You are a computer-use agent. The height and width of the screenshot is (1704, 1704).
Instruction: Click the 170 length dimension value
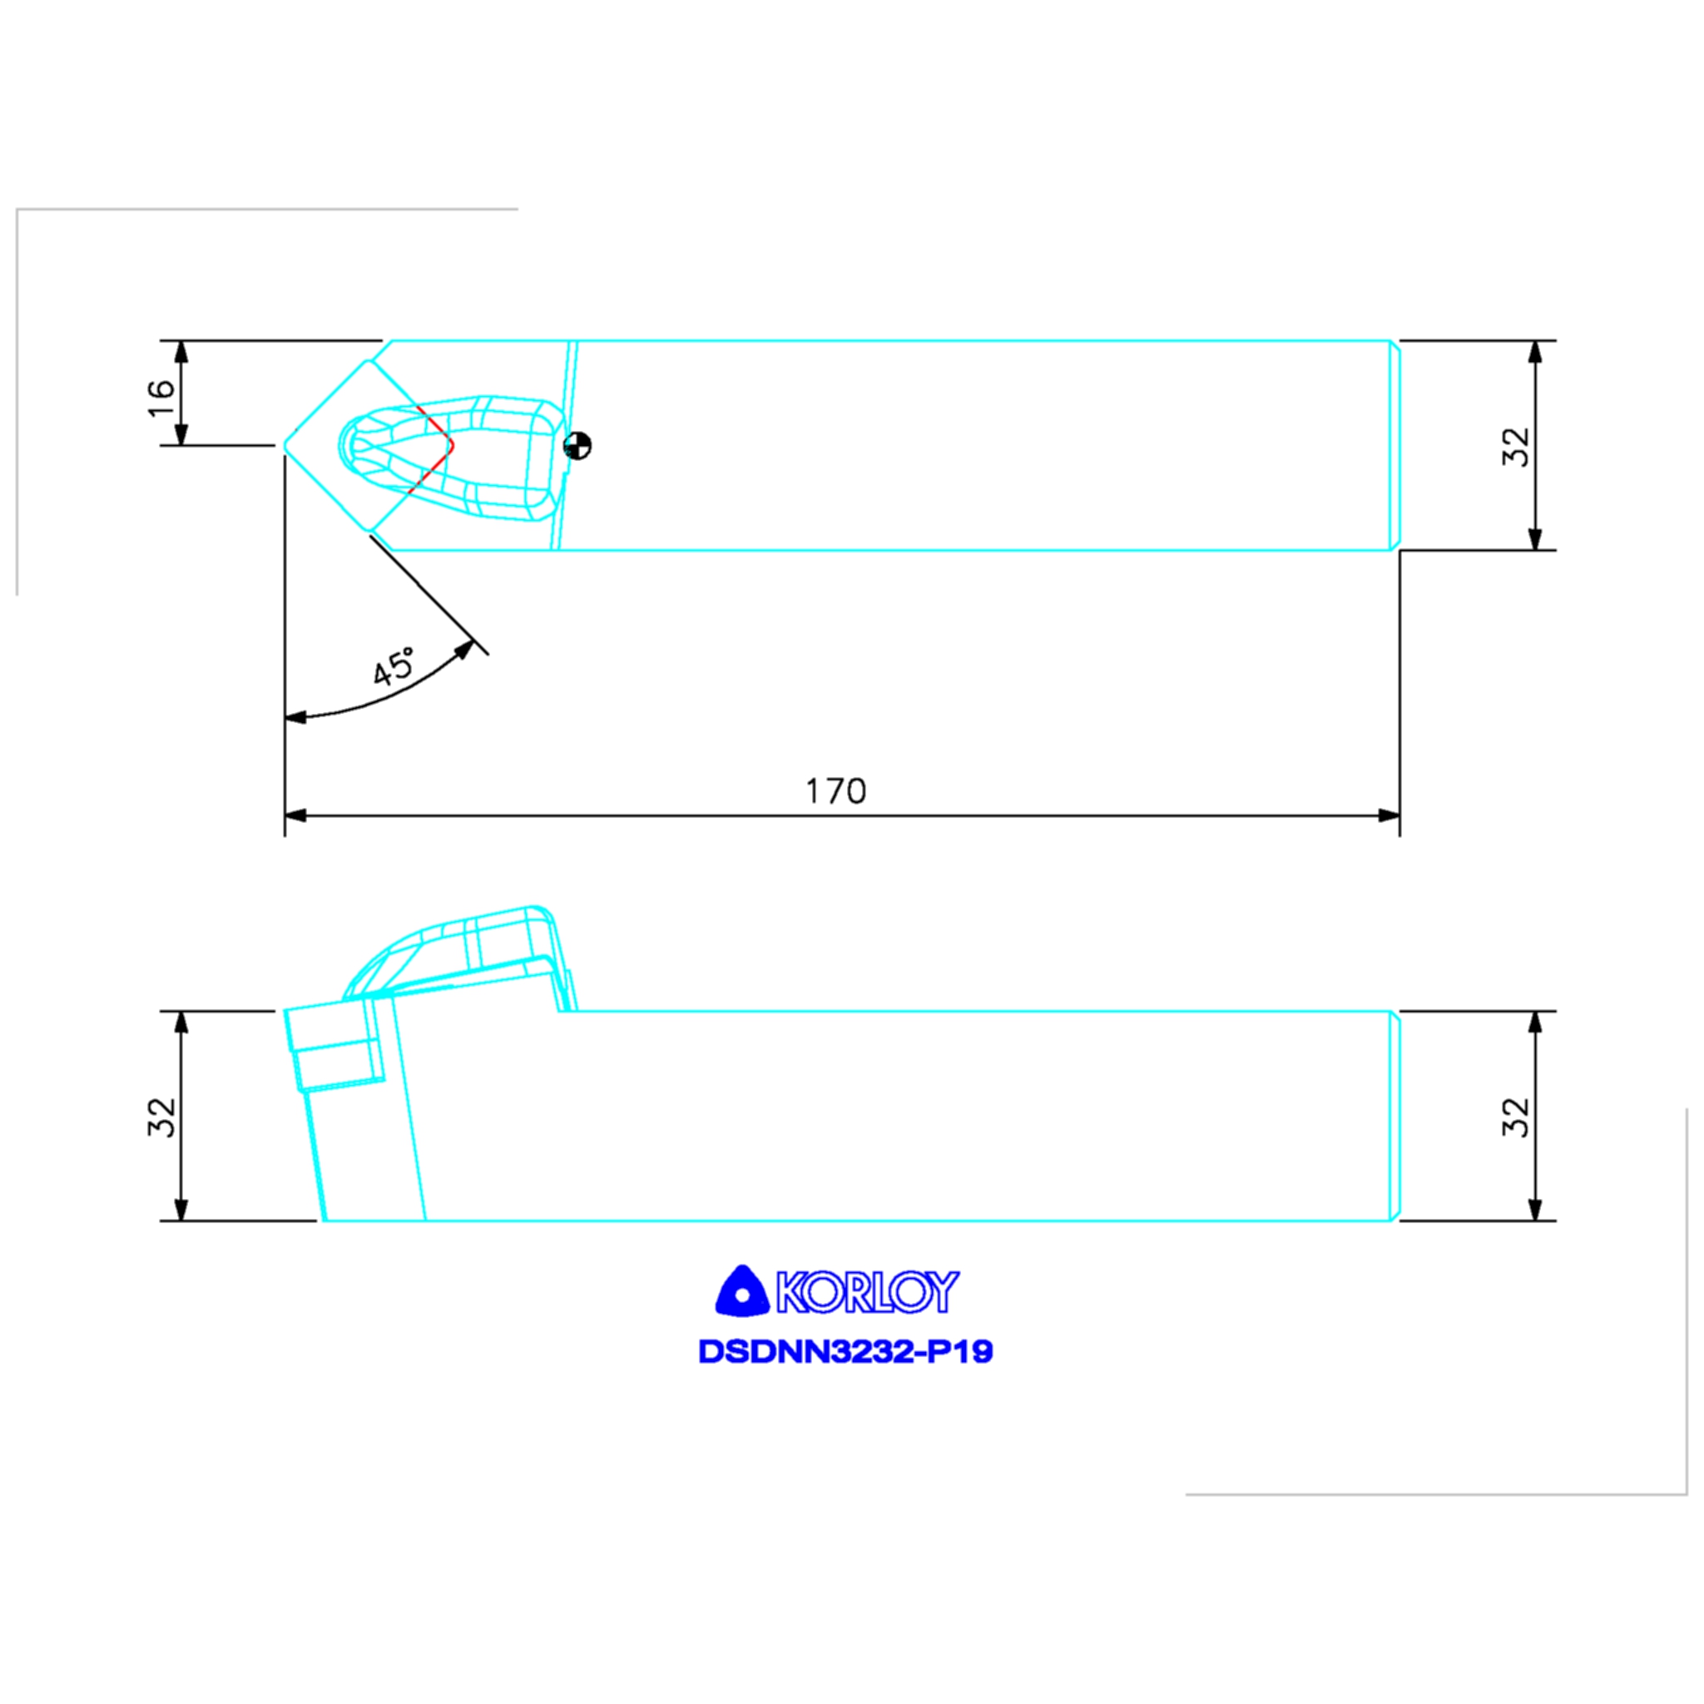tap(836, 791)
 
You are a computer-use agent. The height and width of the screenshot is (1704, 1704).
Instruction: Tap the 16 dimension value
tap(161, 399)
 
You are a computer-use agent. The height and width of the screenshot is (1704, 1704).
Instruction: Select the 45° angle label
tap(394, 666)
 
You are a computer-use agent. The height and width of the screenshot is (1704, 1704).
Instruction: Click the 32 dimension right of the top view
tap(1515, 446)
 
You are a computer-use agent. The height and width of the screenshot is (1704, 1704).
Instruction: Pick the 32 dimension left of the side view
tap(161, 1117)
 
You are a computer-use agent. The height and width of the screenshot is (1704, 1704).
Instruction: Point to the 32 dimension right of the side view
tap(1515, 1117)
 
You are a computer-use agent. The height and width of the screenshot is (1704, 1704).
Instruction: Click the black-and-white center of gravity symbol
tap(577, 445)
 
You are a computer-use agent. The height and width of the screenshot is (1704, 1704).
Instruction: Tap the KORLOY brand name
tap(867, 1292)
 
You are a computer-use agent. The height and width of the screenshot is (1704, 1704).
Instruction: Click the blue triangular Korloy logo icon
tap(741, 1291)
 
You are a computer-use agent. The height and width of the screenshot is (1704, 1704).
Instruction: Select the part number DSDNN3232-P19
tap(846, 1352)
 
